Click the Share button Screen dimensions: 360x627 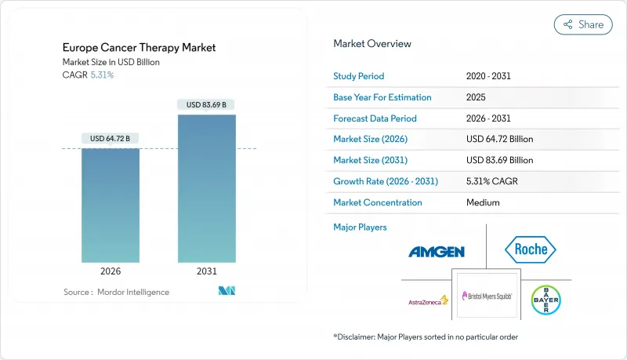tap(583, 24)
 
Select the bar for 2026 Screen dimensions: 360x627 tap(111, 205)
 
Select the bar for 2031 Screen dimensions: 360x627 tap(207, 188)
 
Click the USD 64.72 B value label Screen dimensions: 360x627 tap(111, 139)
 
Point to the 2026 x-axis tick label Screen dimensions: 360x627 tap(111, 271)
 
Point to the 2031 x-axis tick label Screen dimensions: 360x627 tap(207, 271)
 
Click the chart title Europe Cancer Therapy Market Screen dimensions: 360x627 tap(140, 48)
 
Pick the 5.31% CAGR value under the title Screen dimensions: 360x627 tap(101, 75)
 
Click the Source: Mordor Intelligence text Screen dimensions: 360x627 tap(116, 292)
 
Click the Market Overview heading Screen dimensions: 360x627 tap(372, 44)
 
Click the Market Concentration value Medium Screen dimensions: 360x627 tap(483, 202)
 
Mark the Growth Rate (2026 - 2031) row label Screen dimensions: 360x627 tap(386, 181)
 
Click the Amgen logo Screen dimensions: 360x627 tap(437, 252)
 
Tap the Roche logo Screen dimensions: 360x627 tap(530, 250)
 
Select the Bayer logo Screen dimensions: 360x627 tap(545, 300)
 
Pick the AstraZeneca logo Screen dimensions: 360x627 tap(428, 300)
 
